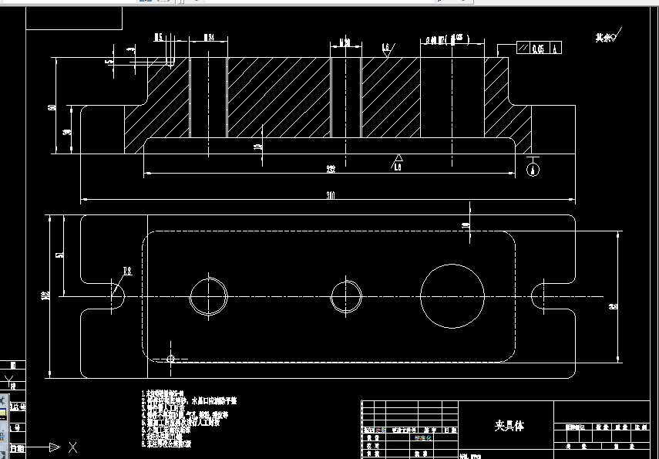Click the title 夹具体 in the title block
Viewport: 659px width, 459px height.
(x=509, y=426)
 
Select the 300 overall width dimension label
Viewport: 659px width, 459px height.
(x=331, y=196)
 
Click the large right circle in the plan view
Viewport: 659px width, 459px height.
(x=452, y=295)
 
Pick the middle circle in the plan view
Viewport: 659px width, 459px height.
(x=347, y=296)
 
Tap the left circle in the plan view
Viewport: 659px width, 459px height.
(x=209, y=296)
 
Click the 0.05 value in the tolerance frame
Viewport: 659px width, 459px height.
(x=537, y=49)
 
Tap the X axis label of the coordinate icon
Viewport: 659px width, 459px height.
(x=72, y=447)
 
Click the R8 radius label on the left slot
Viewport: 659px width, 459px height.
(x=127, y=270)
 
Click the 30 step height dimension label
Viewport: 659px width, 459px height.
(x=67, y=133)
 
